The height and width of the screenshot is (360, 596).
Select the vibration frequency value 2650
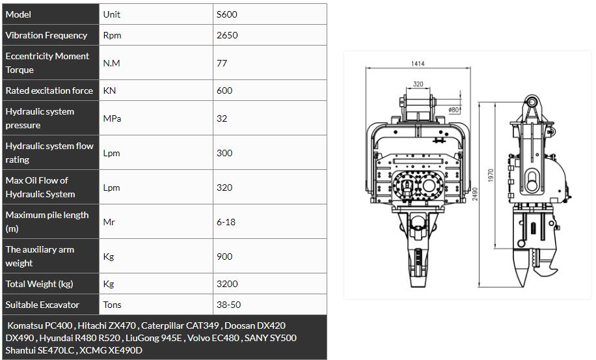coord(227,35)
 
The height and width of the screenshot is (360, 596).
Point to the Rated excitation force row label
coord(49,90)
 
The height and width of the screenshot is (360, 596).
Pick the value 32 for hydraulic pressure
coord(222,118)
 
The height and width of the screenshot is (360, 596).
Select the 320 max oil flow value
coord(224,187)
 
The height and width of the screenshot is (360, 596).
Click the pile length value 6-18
coord(226,222)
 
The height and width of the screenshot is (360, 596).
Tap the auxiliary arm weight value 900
coord(224,256)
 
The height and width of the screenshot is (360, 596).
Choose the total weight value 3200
coord(227,284)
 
